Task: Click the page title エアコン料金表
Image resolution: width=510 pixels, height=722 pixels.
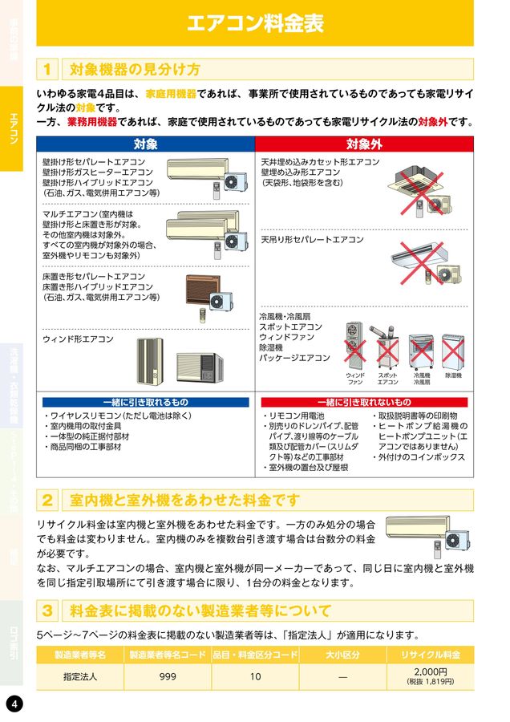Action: click(x=255, y=23)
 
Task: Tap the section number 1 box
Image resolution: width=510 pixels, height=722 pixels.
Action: click(x=48, y=69)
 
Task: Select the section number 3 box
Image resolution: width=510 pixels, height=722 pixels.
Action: click(x=48, y=610)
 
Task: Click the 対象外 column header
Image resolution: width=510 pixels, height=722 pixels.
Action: click(x=364, y=144)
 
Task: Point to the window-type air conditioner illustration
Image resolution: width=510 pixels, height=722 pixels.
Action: click(x=178, y=362)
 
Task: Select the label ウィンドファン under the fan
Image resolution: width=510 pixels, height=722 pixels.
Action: click(x=355, y=379)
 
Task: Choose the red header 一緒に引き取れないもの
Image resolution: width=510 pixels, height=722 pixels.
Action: click(x=364, y=402)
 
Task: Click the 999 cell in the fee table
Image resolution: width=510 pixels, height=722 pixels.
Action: click(x=168, y=676)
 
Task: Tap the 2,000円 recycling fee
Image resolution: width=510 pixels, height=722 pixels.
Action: click(x=431, y=671)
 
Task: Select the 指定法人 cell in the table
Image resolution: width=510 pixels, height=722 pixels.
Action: click(x=80, y=676)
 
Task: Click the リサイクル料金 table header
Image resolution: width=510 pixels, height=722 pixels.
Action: click(x=431, y=655)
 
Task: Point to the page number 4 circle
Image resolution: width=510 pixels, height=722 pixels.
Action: click(x=14, y=704)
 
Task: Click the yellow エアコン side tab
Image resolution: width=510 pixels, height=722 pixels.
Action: click(x=14, y=128)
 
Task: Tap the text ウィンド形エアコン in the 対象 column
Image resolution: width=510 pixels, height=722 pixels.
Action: click(x=78, y=339)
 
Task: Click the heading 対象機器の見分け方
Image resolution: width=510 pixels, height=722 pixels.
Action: click(x=136, y=69)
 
